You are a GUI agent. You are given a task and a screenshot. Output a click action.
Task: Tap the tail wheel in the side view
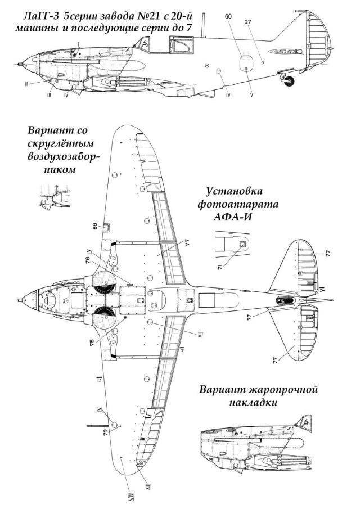(290, 83)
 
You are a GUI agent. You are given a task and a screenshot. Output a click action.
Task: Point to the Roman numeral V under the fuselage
(251, 95)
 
